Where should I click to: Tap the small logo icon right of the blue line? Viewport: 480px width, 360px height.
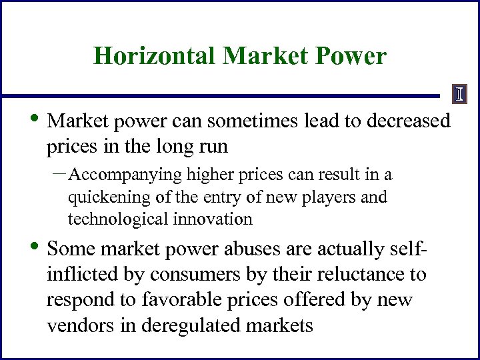(x=459, y=95)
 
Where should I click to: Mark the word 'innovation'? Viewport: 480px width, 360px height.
(x=212, y=219)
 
